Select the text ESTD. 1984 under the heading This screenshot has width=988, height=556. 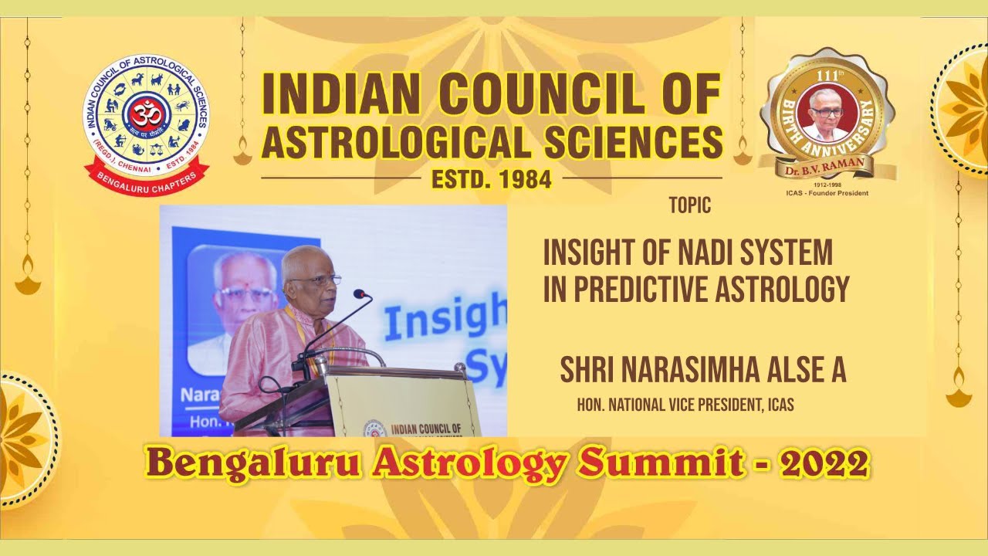491,179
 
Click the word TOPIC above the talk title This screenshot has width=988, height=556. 689,206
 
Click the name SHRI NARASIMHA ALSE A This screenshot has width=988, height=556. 703,370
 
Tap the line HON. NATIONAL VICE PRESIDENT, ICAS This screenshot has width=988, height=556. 685,405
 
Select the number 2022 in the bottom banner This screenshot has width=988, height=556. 824,465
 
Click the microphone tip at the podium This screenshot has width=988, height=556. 359,293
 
